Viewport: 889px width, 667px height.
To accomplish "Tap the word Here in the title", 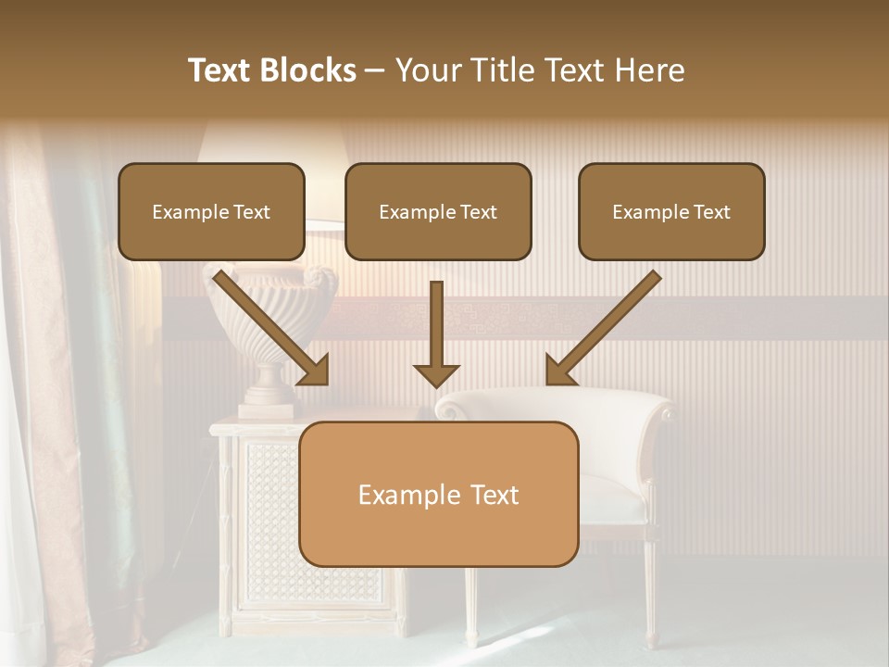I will click(x=653, y=70).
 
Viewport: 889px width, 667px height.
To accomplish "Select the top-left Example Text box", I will click(x=211, y=212).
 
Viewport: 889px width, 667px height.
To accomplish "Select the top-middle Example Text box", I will click(x=438, y=212).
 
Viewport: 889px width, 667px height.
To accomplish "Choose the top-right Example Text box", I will click(x=671, y=212).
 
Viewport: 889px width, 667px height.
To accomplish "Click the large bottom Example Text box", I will click(x=438, y=494).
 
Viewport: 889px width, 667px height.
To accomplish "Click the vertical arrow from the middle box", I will click(x=436, y=324).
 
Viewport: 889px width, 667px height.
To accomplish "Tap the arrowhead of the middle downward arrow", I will click(x=436, y=375).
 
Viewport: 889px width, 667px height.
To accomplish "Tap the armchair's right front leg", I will click(x=651, y=602).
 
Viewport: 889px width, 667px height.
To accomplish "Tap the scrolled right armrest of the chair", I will click(x=662, y=412).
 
